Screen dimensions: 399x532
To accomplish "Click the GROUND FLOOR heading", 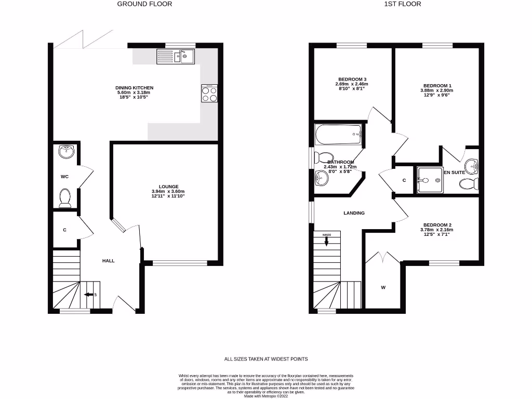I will coord(144,4).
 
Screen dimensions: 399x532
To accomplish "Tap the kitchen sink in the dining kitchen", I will coord(175,56).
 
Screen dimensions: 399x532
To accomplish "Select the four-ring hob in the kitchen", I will coord(209,94).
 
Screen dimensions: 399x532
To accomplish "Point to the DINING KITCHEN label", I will coord(135,88).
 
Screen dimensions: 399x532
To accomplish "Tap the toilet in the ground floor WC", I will coord(65,198).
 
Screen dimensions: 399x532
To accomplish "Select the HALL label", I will coord(108,260).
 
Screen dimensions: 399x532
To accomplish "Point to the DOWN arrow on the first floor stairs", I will coord(326,240).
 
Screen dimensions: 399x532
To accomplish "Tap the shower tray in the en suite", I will coord(430,180).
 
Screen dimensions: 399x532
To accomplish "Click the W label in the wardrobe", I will coord(383,287).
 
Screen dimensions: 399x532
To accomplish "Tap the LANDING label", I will coord(354,213).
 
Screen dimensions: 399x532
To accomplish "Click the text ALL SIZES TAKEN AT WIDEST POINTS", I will coord(266,359).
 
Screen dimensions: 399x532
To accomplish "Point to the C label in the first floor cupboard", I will coord(404,180).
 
